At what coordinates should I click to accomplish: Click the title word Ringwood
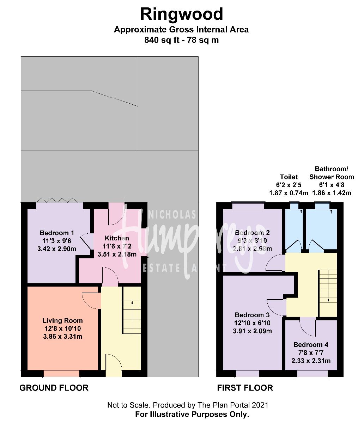(x=182, y=14)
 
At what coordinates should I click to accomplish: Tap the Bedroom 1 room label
(x=57, y=233)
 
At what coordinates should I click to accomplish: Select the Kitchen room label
(x=117, y=239)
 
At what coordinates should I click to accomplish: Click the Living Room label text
(x=62, y=321)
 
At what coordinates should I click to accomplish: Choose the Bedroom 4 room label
(x=311, y=345)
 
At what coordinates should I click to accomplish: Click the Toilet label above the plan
(x=289, y=177)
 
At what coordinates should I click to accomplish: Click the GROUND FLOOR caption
(x=54, y=388)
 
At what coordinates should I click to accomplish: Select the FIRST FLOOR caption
(x=245, y=388)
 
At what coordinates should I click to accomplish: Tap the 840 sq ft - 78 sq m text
(x=181, y=40)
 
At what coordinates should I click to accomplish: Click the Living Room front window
(x=61, y=374)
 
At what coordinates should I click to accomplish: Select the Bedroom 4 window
(x=312, y=374)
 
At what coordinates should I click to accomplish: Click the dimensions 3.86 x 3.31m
(x=62, y=336)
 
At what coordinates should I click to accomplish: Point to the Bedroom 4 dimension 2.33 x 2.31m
(x=311, y=361)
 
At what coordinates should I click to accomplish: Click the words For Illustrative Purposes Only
(x=192, y=414)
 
